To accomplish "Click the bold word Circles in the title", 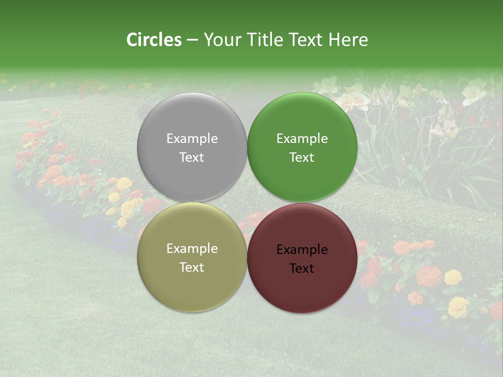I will click(x=154, y=40).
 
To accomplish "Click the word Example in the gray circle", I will click(x=192, y=139).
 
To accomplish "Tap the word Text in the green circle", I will click(x=302, y=158).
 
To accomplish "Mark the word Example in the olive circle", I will click(x=192, y=249).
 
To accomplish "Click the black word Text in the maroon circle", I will click(x=302, y=269).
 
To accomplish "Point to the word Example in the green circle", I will click(x=302, y=139).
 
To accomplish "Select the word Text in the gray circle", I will click(x=192, y=158).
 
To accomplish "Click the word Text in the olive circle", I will click(x=192, y=268).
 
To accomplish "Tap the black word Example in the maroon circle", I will click(x=302, y=250).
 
